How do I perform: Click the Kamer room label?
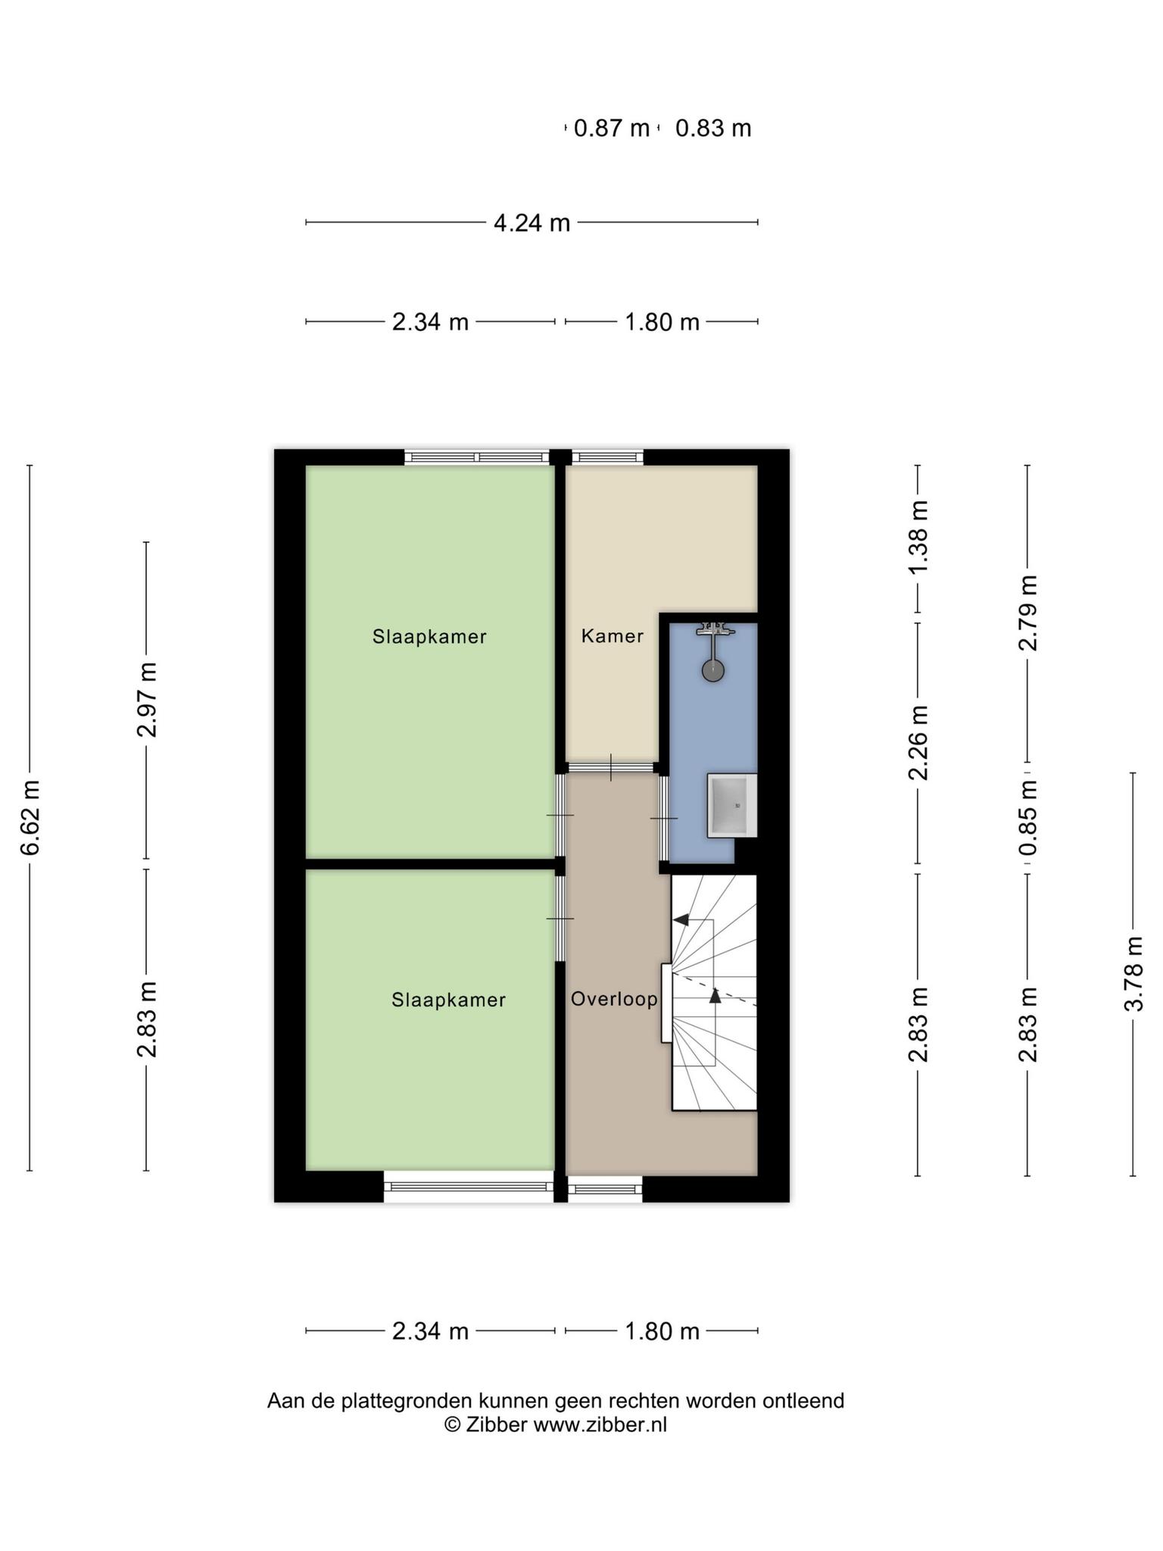pos(612,636)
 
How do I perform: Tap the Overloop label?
pos(614,999)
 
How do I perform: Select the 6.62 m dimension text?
pos(30,817)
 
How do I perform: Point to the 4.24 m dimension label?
pos(532,223)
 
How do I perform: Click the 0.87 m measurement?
pos(612,128)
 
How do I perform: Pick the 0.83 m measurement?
pos(713,128)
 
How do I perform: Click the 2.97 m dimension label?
pos(147,699)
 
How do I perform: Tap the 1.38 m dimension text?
pos(918,537)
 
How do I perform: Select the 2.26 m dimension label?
pos(918,743)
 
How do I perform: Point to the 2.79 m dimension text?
pos(1027,613)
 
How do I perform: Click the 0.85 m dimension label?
pos(1027,819)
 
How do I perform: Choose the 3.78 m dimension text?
pos(1133,974)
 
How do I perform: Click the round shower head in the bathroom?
pos(712,671)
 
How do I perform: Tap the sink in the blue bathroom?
pos(731,805)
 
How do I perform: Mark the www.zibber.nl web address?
pos(600,1425)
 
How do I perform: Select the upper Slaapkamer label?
pos(429,637)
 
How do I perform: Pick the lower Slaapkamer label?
pos(448,1000)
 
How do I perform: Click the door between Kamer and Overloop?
pos(612,767)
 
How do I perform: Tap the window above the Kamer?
pos(607,457)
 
